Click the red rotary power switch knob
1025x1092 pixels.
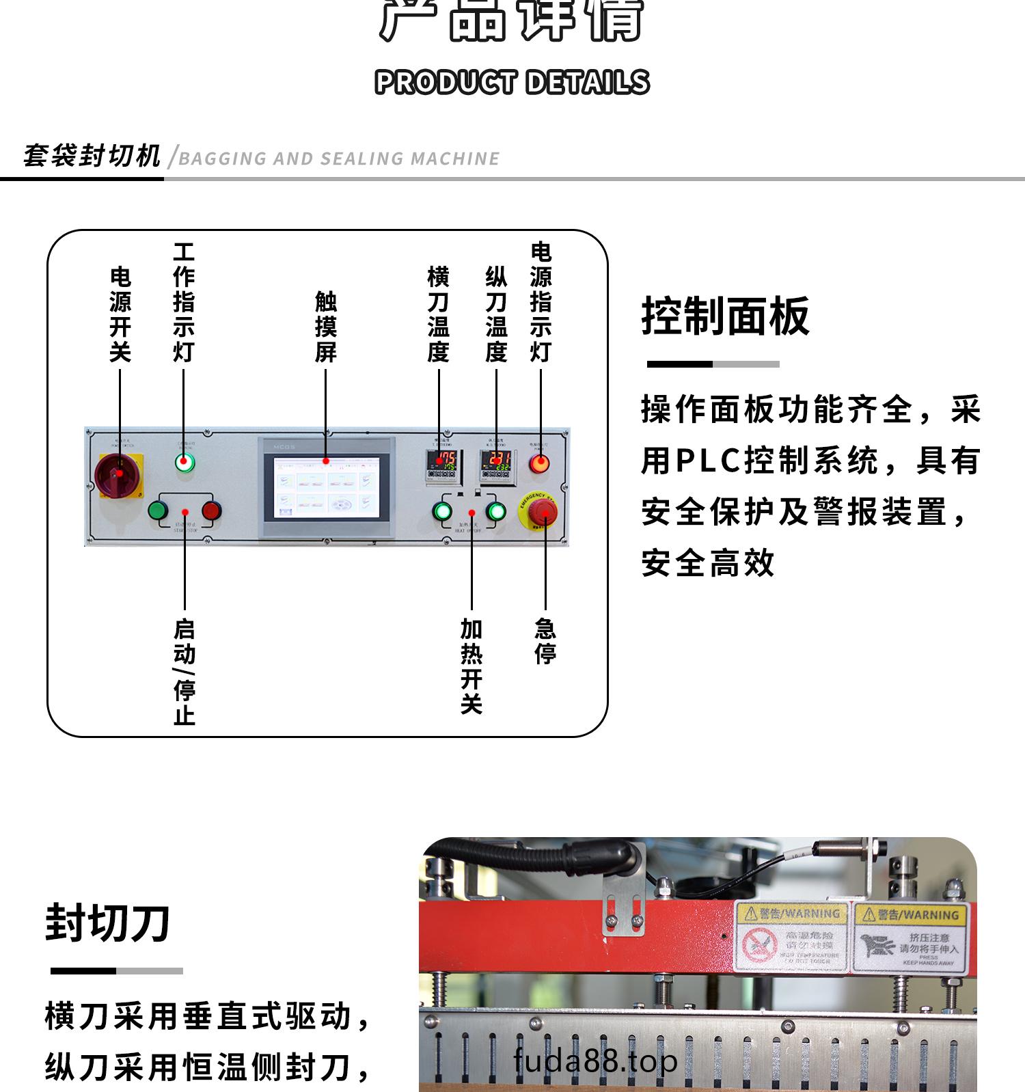pyautogui.click(x=118, y=472)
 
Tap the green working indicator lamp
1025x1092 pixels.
pyautogui.click(x=184, y=463)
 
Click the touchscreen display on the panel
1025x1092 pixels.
pyautogui.click(x=325, y=487)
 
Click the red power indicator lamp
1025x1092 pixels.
pyautogui.click(x=539, y=464)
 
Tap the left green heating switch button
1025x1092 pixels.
pyautogui.click(x=442, y=511)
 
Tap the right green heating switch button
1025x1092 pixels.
pyautogui.click(x=496, y=511)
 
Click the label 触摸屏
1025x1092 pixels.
pyautogui.click(x=326, y=327)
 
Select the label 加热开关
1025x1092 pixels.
pyautogui.click(x=471, y=666)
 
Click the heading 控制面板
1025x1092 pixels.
pyautogui.click(x=725, y=316)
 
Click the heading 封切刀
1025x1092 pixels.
pyautogui.click(x=107, y=923)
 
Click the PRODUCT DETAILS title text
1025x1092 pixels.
pyautogui.click(x=512, y=82)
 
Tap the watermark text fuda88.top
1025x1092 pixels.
pyautogui.click(x=595, y=1061)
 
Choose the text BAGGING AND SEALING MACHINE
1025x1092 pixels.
pyautogui.click(x=339, y=159)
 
